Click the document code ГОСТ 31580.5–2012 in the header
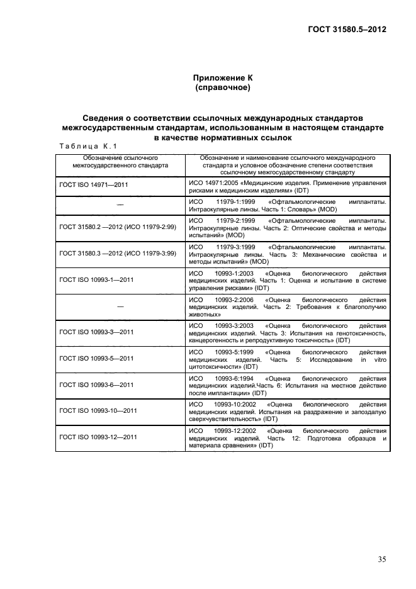click(x=347, y=30)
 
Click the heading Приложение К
click(x=223, y=77)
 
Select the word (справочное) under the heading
click(x=223, y=87)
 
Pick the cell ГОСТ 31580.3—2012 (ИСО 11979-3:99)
click(x=118, y=252)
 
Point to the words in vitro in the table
click(x=374, y=358)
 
